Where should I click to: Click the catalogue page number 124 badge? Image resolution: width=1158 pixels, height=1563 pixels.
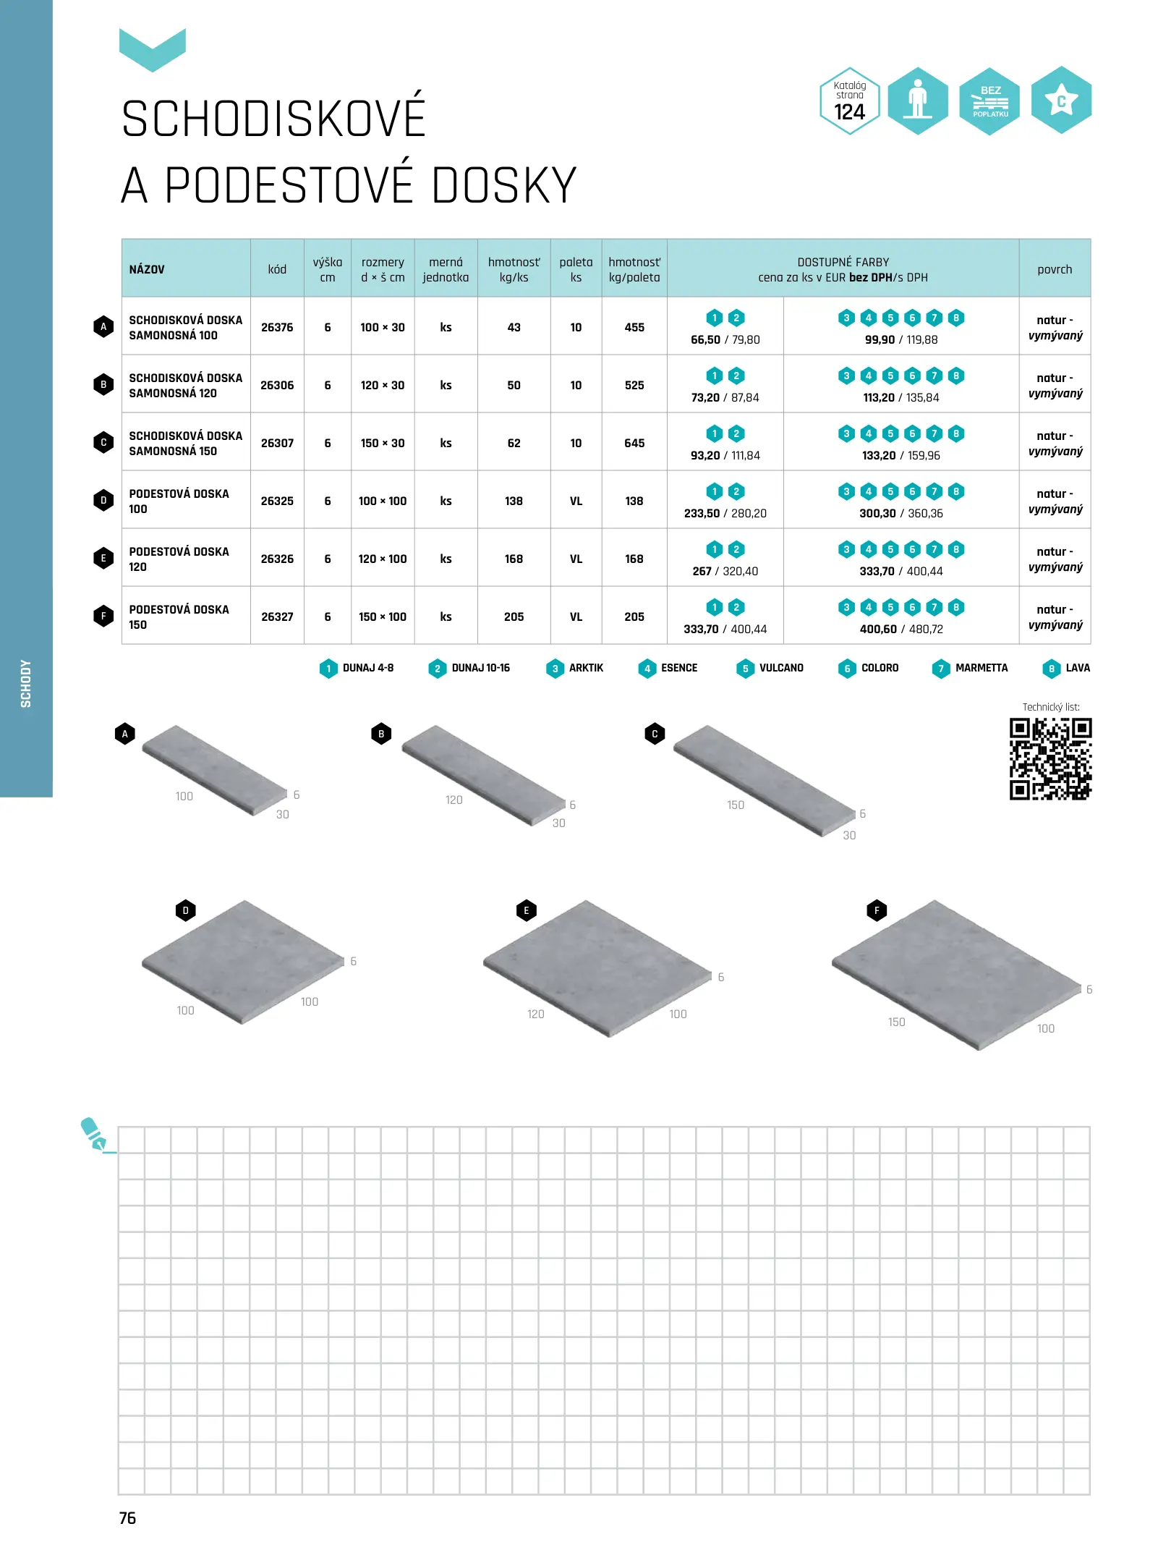click(849, 101)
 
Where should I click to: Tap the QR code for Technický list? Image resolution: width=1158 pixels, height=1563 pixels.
click(1050, 759)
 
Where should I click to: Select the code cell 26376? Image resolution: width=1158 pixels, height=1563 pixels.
click(277, 328)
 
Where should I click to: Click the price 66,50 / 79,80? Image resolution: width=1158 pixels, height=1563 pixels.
click(725, 340)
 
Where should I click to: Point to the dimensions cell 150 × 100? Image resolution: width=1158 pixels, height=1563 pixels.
click(383, 617)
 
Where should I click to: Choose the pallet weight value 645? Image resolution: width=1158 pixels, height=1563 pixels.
click(634, 444)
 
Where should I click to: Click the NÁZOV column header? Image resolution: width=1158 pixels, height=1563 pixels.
click(147, 270)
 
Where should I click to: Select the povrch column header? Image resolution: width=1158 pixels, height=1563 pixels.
click(1055, 270)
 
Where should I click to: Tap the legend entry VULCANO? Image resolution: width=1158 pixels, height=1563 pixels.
click(770, 669)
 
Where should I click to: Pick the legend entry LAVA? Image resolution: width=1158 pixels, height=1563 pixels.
click(1067, 669)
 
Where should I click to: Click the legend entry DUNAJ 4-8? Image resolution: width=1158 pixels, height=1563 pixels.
click(357, 669)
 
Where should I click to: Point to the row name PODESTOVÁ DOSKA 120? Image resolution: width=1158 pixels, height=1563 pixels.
click(179, 559)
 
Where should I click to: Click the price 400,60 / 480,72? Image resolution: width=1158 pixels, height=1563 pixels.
click(901, 630)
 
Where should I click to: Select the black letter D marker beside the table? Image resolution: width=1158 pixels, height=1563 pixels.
click(103, 501)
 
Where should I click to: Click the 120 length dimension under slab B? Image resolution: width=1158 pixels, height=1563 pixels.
click(454, 800)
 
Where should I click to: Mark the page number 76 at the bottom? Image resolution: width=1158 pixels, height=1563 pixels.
click(127, 1518)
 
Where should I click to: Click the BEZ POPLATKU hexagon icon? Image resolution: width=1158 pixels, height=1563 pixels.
click(989, 101)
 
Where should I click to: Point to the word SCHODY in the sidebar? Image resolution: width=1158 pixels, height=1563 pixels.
click(26, 683)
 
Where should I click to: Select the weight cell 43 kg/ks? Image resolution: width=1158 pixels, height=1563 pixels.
click(514, 328)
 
